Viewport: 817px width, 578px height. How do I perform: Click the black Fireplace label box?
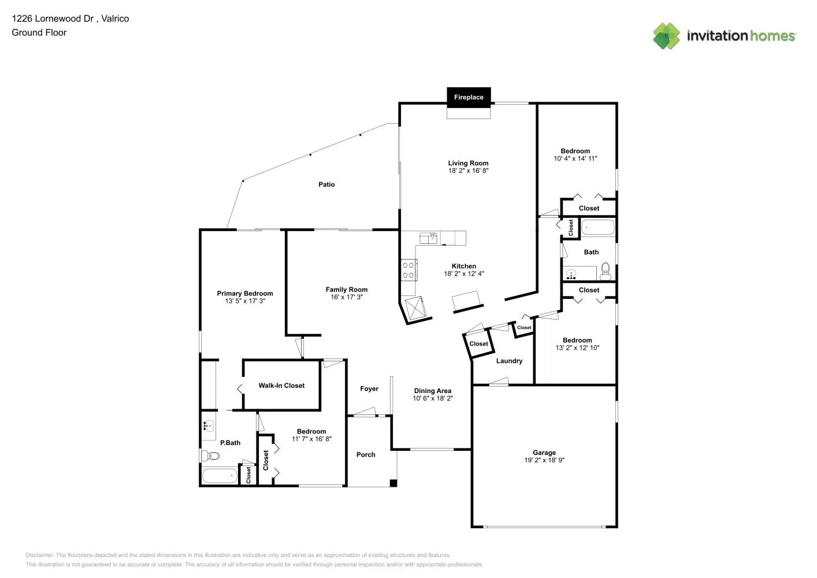(x=469, y=97)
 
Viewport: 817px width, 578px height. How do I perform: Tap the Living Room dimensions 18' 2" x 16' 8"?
(x=468, y=171)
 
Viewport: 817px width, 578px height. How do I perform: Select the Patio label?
(x=326, y=184)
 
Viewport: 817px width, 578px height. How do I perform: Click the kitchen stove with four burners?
(x=408, y=270)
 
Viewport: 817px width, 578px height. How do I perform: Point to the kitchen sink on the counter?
(x=428, y=238)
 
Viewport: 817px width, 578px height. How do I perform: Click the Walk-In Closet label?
(x=281, y=386)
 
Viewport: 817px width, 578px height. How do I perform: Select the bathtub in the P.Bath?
(x=220, y=476)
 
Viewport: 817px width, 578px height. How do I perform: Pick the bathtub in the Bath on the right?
(x=598, y=227)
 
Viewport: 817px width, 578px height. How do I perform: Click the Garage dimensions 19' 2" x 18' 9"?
(x=544, y=461)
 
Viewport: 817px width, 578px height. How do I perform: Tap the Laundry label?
(x=509, y=361)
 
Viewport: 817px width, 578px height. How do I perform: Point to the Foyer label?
(x=369, y=389)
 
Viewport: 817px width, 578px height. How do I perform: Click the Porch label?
(x=366, y=455)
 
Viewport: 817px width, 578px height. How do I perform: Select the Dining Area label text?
(x=432, y=391)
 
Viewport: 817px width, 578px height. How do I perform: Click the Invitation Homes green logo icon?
(x=666, y=36)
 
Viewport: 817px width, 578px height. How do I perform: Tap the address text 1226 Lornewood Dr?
(x=53, y=18)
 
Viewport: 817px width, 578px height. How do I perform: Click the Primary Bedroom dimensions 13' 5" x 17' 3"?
(x=245, y=301)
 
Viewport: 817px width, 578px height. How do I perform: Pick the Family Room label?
(x=346, y=290)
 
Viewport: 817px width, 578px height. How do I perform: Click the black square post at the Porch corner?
(x=393, y=483)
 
